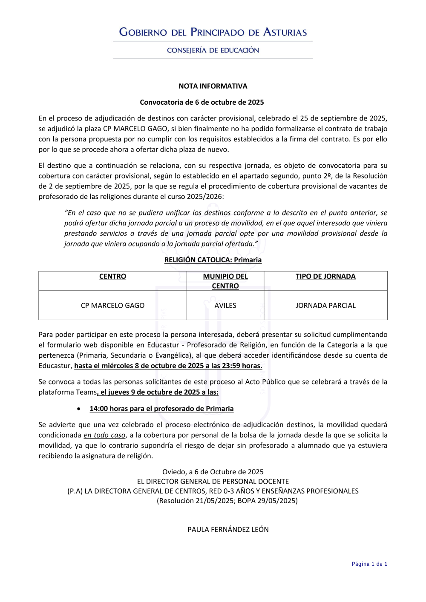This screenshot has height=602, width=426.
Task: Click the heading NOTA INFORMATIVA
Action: [x=213, y=86]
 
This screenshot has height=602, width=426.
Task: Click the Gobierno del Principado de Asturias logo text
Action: [x=213, y=32]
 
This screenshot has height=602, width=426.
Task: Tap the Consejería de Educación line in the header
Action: [x=213, y=50]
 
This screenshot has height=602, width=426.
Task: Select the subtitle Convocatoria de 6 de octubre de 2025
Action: [x=202, y=102]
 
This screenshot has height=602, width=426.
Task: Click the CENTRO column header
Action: [x=112, y=276]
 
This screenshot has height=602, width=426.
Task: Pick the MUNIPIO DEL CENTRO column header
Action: [x=225, y=281]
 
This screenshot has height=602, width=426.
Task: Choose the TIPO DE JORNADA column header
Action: [x=325, y=276]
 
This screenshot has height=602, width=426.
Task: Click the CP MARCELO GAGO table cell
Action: [x=112, y=305]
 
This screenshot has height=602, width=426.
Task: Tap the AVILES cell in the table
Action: [x=225, y=305]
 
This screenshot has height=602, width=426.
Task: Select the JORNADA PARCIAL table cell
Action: [x=325, y=305]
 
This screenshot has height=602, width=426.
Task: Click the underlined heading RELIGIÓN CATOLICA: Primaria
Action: [x=213, y=260]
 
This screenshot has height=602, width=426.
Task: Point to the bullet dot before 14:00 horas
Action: [x=79, y=409]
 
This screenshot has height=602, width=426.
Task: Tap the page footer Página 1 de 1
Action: [x=369, y=564]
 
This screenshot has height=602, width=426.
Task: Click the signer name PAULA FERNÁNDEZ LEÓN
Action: [x=228, y=530]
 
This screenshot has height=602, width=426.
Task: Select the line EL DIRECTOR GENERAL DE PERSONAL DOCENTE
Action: [x=213, y=482]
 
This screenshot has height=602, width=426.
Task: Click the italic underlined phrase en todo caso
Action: [x=104, y=435]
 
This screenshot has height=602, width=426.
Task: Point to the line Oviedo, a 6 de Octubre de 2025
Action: [x=213, y=472]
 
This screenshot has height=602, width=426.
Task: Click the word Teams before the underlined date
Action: [x=86, y=392]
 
